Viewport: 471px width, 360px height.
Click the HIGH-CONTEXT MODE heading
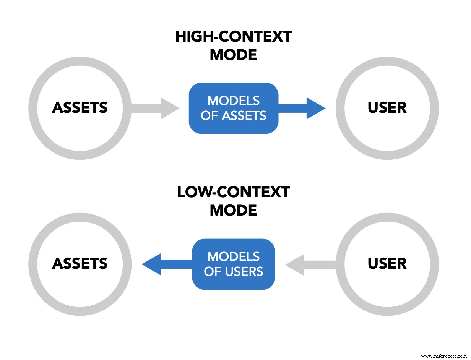[234, 46]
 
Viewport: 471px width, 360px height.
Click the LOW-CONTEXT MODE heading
[234, 201]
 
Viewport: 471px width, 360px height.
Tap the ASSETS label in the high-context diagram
[80, 108]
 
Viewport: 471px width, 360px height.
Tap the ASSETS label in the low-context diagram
[80, 264]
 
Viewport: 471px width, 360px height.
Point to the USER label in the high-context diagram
[387, 108]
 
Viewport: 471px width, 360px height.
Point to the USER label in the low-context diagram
[387, 264]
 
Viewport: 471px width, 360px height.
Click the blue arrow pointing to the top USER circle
[302, 108]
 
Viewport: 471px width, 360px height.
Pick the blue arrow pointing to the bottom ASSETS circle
[166, 264]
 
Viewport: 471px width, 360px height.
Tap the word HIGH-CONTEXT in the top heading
[234, 37]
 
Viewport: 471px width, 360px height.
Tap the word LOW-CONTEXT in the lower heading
[234, 192]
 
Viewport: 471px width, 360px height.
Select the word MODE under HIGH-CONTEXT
[234, 55]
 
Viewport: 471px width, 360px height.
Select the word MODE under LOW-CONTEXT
[234, 210]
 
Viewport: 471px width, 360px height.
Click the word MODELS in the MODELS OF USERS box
[234, 256]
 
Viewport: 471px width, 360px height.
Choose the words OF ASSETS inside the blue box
[234, 115]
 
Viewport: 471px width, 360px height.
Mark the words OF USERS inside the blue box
[234, 271]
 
